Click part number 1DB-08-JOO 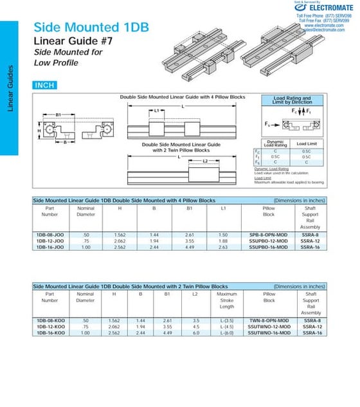point(50,235)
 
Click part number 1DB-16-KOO point(50,332)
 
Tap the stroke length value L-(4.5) point(227,327)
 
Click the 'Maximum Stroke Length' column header point(227,300)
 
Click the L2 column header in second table point(195,294)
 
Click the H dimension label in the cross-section point(40,130)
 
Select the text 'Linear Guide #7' point(69,42)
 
